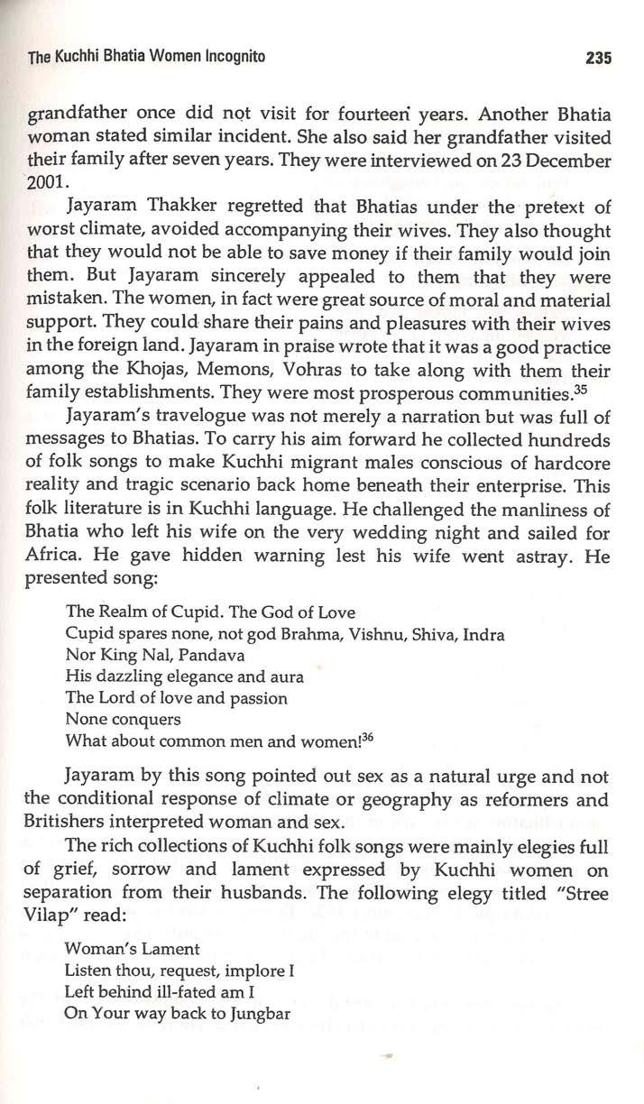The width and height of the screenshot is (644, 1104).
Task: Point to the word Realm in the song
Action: tap(118, 611)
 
